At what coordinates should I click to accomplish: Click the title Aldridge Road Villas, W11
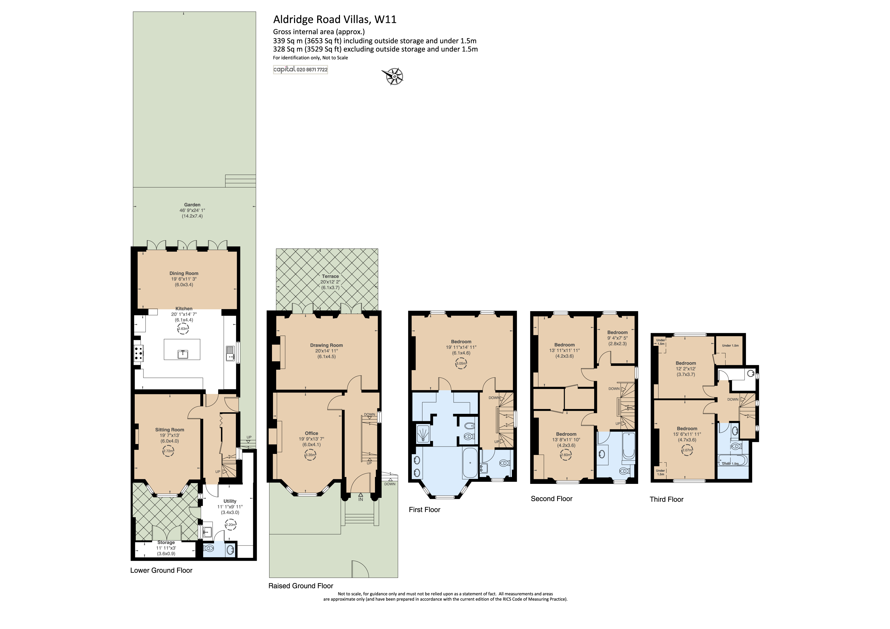pyautogui.click(x=335, y=19)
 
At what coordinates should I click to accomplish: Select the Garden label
pyautogui.click(x=192, y=205)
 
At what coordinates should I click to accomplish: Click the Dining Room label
pyautogui.click(x=184, y=273)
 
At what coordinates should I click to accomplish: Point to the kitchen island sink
pyautogui.click(x=183, y=354)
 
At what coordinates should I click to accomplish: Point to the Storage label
pyautogui.click(x=166, y=542)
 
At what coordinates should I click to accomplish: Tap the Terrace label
pyautogui.click(x=330, y=276)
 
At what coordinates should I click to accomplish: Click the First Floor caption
pyautogui.click(x=424, y=510)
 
